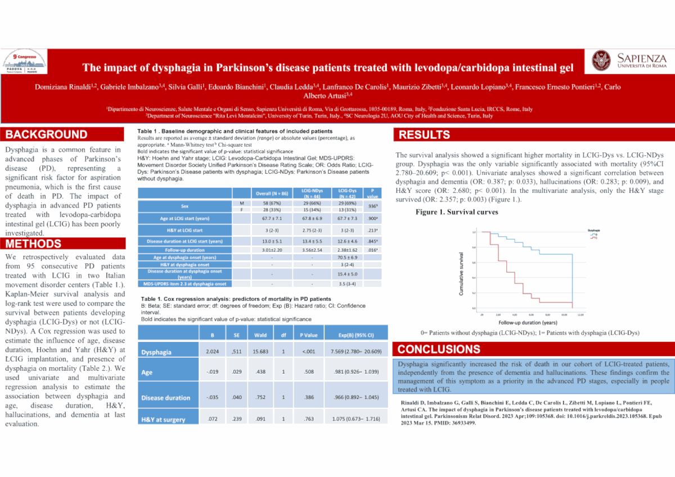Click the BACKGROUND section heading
[47, 134]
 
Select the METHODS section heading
[34, 244]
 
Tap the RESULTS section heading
[425, 134]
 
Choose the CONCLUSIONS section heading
[439, 349]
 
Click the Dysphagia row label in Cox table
[157, 352]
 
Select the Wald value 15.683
[260, 352]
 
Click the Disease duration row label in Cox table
[166, 398]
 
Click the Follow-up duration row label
[188, 249]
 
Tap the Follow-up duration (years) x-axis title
[528, 323]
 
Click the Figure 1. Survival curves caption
[457, 212]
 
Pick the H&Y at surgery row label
[163, 420]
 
